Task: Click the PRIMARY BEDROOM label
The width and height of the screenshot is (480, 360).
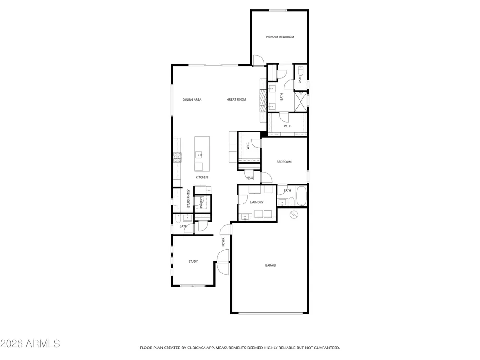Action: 280,37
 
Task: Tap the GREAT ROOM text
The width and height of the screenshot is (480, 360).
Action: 236,100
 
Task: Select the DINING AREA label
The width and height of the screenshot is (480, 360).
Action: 192,100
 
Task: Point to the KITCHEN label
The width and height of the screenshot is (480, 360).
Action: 202,177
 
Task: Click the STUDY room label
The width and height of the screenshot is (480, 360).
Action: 193,262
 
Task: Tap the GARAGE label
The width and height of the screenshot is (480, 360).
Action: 271,266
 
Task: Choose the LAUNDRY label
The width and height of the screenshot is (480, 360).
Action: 256,202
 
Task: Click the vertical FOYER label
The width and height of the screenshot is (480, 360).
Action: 223,242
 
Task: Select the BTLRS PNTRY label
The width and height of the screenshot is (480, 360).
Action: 188,198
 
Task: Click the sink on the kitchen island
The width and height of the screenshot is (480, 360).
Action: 199,155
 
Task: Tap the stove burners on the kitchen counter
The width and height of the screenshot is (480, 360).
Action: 177,157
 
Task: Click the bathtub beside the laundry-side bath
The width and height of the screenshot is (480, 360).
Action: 301,196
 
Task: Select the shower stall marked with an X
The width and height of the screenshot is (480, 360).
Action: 300,101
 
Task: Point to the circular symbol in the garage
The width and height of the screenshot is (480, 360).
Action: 294,215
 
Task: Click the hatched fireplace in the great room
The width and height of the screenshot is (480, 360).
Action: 263,100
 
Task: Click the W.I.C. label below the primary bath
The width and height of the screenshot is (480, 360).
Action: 288,126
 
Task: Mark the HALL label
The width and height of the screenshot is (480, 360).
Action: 250,178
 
